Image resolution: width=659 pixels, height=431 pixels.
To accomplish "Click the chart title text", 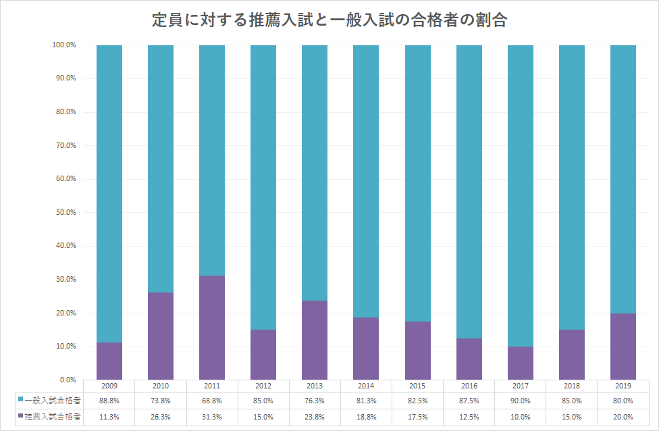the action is click(329, 20).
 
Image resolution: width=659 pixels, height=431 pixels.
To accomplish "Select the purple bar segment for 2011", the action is click(212, 328).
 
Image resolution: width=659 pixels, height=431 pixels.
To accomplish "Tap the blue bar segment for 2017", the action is click(521, 195).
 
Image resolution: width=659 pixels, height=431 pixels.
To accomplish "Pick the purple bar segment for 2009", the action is click(109, 361).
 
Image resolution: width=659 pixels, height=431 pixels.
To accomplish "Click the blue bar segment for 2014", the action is click(366, 181).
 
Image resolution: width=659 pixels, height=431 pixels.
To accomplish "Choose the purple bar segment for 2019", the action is click(623, 347).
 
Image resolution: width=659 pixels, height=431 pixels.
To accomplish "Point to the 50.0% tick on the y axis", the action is click(66, 212).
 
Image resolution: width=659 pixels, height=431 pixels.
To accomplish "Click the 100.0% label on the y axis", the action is click(64, 45).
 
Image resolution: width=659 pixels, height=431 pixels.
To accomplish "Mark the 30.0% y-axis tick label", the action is click(66, 279).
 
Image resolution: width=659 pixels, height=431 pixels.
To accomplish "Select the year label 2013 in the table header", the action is click(315, 386).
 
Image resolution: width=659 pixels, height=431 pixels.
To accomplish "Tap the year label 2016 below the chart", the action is click(469, 386).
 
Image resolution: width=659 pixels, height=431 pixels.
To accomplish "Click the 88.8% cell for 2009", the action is click(109, 401).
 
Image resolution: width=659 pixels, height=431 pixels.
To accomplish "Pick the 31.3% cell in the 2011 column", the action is click(212, 417).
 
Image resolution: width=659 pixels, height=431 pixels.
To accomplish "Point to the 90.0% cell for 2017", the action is click(521, 401).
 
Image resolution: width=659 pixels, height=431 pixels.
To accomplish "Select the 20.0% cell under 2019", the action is click(623, 417).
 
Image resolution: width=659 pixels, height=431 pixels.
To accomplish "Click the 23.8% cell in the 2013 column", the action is click(315, 417).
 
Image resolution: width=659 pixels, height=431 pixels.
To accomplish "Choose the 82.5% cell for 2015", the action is click(417, 401).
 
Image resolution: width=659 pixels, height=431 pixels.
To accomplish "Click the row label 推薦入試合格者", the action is click(53, 417).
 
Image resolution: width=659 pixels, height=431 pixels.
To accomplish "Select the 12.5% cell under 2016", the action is click(469, 417).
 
